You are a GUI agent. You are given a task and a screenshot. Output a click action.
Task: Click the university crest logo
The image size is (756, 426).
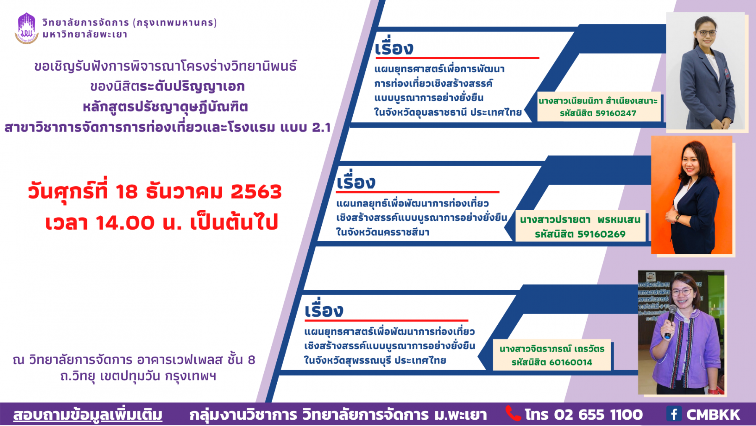coord(26,28)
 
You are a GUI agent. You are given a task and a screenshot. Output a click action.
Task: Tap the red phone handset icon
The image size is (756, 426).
coord(513,413)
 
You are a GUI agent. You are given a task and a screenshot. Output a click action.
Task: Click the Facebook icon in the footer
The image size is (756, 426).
coord(674,414)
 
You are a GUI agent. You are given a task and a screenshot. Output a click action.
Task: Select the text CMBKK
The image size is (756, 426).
coord(713,415)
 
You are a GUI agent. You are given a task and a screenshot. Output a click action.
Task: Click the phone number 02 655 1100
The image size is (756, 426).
coord(598,415)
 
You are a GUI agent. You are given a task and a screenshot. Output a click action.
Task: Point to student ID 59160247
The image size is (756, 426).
coord(616,113)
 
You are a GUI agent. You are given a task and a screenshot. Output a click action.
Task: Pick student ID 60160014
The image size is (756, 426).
coord(572,362)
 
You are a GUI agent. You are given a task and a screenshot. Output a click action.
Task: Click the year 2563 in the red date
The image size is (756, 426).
coord(256,192)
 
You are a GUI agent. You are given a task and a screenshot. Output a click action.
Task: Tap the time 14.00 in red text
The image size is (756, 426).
coord(125,223)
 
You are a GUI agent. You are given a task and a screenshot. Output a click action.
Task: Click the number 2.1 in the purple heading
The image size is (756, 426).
coord(321,127)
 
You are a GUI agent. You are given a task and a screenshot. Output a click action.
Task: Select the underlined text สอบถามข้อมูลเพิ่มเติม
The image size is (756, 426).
coord(88,414)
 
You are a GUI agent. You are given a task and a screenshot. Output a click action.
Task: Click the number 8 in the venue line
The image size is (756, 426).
coord(252,360)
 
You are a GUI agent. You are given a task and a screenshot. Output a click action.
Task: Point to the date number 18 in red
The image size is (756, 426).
coord(126,192)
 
